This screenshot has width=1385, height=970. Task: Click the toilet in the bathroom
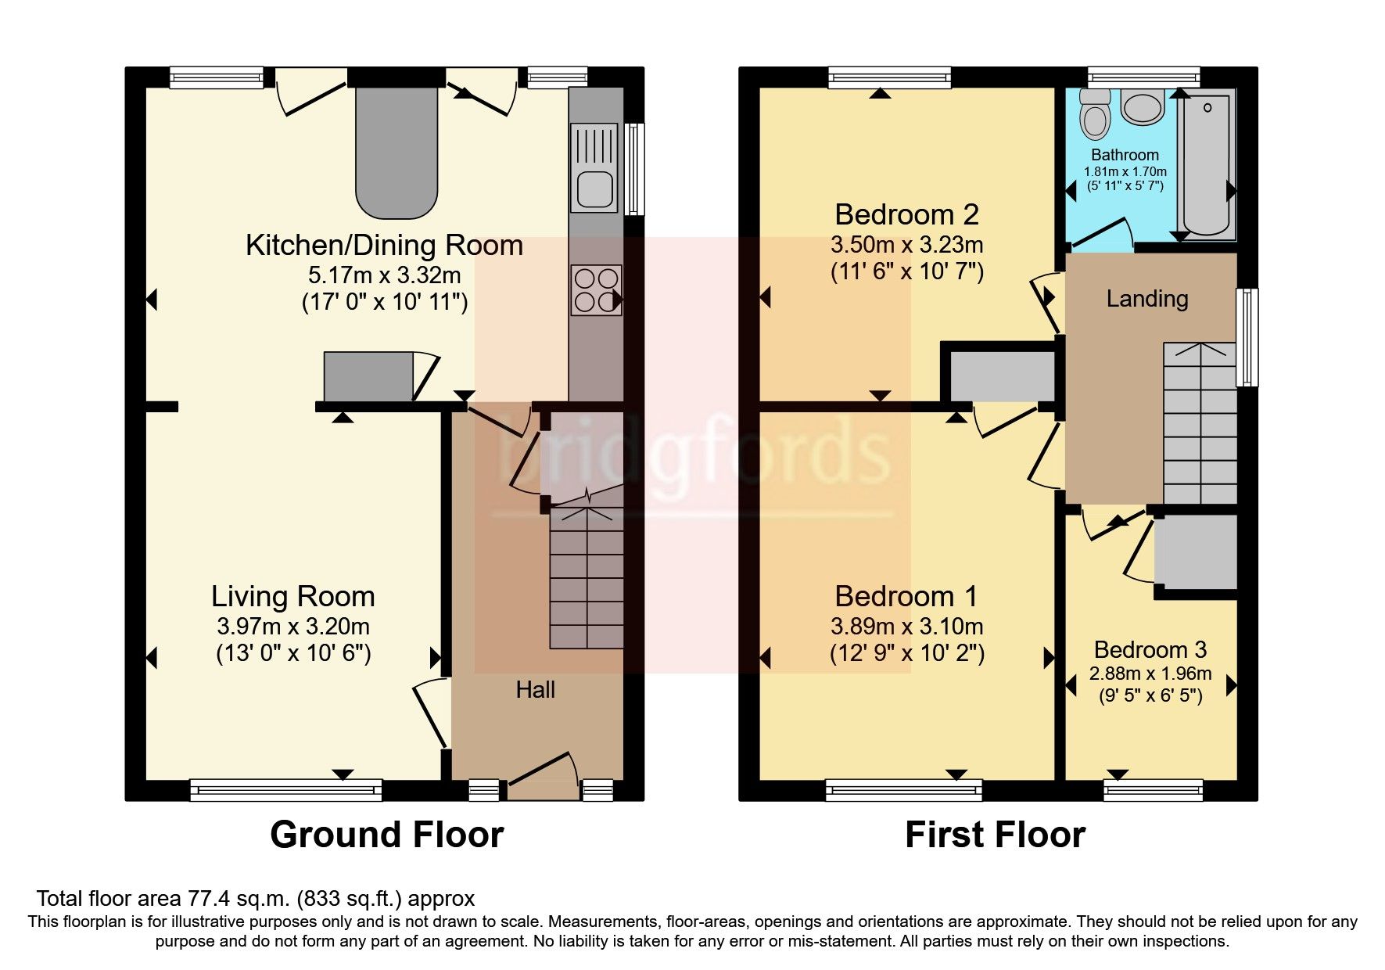(1094, 117)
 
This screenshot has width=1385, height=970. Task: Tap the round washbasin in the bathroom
(1143, 108)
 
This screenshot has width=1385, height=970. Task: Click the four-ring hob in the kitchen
(596, 290)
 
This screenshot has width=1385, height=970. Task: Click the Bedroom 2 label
(906, 214)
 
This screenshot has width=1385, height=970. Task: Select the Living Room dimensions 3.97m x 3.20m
(293, 627)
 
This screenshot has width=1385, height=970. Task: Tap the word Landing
(1146, 299)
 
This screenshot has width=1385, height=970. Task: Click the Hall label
(535, 690)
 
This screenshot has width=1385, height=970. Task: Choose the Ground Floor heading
(386, 835)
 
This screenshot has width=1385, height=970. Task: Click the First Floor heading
(995, 835)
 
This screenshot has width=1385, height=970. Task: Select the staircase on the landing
(1200, 423)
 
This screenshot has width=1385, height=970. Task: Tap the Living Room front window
(285, 790)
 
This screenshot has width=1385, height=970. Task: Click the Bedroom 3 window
(1153, 790)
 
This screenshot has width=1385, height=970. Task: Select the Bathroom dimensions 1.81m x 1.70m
(1125, 171)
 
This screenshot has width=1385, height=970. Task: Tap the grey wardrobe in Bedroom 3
(1196, 551)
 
